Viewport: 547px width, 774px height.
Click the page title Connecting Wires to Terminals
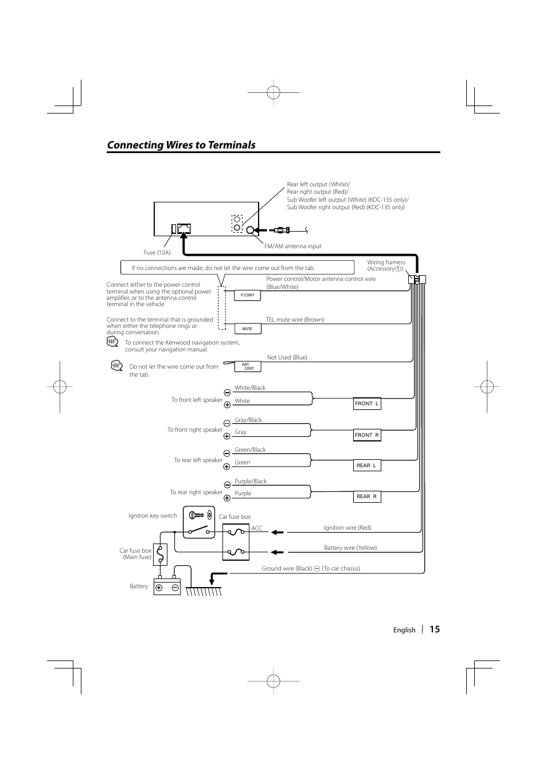point(181,145)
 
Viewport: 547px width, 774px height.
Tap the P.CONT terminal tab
point(248,295)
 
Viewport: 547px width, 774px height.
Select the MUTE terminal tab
point(248,329)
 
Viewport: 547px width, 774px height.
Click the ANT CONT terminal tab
point(248,366)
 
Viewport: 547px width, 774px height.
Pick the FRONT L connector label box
point(367,404)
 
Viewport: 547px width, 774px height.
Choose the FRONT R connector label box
point(367,435)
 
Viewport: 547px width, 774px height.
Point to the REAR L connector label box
point(367,466)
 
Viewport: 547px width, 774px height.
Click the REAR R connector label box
point(367,497)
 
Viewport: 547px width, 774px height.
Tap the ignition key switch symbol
point(199,522)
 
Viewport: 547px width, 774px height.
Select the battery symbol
point(167,587)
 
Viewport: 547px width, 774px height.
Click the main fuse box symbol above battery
point(160,554)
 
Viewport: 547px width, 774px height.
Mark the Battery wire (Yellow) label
point(350,548)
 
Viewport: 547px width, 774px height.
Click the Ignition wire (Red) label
point(347,528)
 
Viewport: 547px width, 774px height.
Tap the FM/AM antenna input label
point(292,247)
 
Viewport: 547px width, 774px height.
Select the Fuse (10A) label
point(157,253)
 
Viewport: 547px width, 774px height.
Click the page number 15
point(435,629)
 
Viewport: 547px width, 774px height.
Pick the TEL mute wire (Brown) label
point(295,320)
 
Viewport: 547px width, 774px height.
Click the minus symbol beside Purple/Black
point(227,485)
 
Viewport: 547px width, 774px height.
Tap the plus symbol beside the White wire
point(227,405)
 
